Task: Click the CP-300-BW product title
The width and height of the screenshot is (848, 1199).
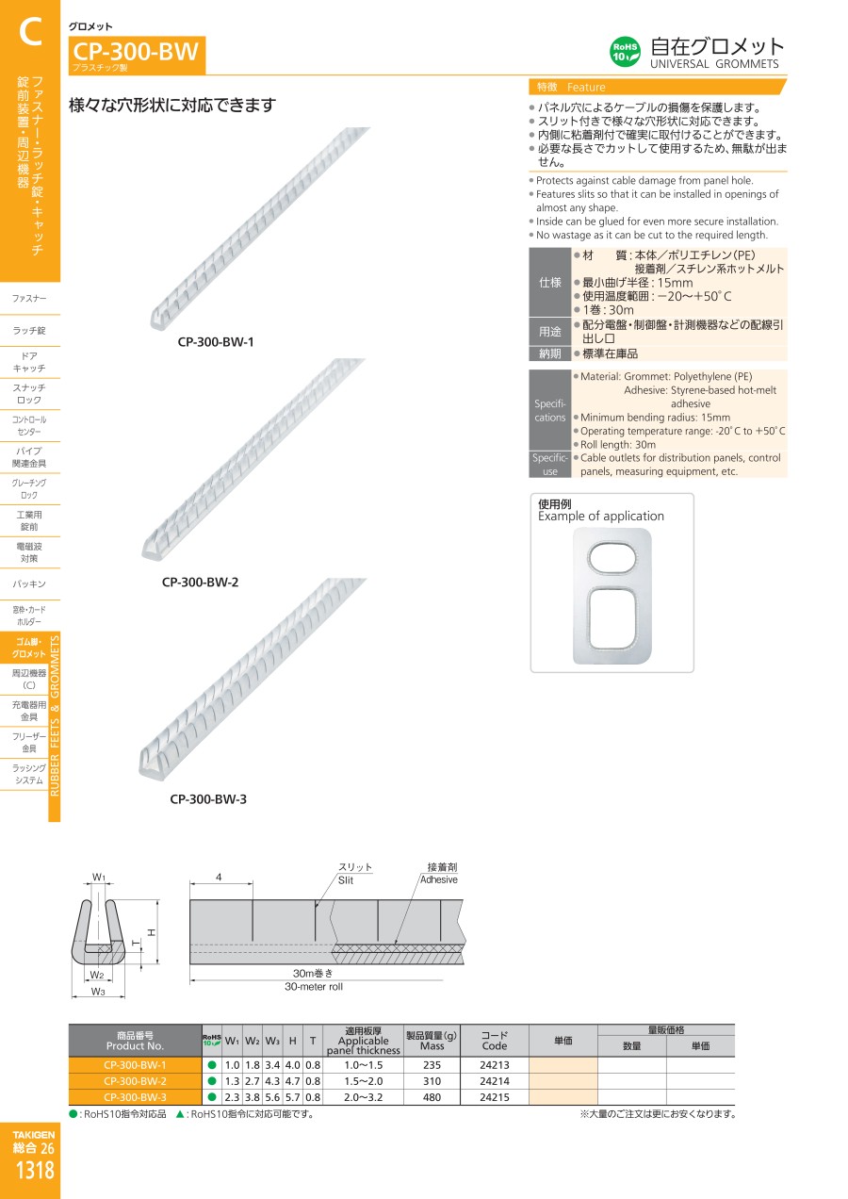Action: coord(136,52)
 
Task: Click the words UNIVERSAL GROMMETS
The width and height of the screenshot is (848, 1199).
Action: coord(714,64)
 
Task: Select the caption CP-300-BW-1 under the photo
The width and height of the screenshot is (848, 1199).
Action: coord(216,342)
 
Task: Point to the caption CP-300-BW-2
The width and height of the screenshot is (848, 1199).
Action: coord(200,583)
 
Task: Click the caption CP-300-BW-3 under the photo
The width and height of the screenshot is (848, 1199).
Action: coord(208,799)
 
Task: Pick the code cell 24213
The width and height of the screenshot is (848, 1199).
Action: coord(494,1065)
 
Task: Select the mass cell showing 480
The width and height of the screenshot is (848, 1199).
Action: coord(432,1097)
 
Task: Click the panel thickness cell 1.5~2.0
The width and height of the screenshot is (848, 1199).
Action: coord(364,1081)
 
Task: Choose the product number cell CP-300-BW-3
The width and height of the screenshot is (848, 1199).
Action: coord(135,1097)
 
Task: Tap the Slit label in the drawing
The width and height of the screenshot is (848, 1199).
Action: coord(346,879)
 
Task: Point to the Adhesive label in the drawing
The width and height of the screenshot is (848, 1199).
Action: coord(438,879)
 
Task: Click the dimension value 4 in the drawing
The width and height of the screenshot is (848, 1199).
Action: coord(219,877)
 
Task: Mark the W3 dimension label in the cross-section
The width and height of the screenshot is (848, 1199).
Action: coord(98,992)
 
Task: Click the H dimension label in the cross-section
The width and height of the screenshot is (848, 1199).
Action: coord(151,932)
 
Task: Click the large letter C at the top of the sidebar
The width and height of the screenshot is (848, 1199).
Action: coord(29,34)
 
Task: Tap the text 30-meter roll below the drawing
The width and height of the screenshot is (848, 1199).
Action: coord(314,987)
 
